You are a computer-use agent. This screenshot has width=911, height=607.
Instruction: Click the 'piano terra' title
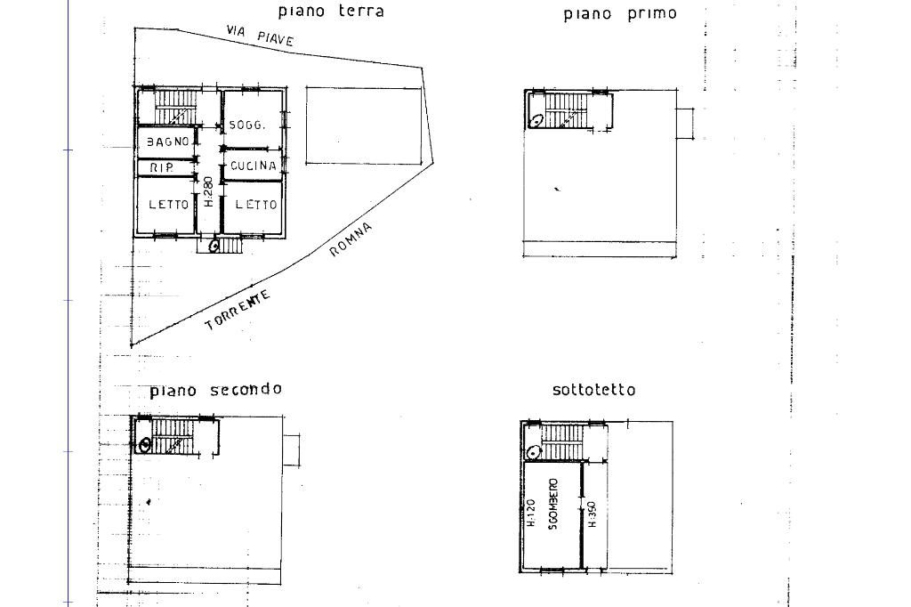[x=331, y=12]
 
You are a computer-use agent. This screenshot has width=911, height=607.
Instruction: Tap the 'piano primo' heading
[x=620, y=13]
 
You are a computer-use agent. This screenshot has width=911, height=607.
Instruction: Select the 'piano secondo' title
[x=215, y=390]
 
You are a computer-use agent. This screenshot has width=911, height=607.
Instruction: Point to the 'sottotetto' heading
[x=593, y=390]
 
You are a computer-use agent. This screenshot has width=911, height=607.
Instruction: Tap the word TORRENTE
[x=238, y=311]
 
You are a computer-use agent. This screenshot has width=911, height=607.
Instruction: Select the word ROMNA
[x=351, y=239]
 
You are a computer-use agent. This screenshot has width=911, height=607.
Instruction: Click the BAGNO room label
[x=167, y=142]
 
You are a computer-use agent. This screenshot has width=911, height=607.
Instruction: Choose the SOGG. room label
[x=246, y=125]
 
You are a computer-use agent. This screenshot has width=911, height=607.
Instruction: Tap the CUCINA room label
[x=254, y=166]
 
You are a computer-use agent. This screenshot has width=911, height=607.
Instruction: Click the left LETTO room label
[x=168, y=205]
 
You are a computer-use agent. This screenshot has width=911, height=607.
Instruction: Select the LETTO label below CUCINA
[x=256, y=205]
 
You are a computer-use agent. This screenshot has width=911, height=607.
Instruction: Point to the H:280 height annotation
[x=207, y=192]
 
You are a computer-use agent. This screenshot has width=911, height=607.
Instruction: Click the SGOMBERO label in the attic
[x=552, y=506]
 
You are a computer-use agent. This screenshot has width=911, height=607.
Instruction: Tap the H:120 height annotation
[x=529, y=514]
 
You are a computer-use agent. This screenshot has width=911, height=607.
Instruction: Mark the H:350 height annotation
[x=592, y=514]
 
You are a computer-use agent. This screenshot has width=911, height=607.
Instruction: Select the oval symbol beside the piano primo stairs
[x=537, y=119]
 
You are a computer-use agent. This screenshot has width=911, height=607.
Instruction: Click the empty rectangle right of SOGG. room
[x=363, y=125]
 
